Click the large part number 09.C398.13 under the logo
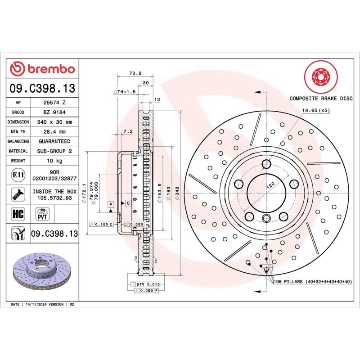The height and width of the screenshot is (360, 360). [x=42, y=88]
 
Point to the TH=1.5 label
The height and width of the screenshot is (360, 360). [x=124, y=92]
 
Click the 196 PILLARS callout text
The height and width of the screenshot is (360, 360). [x=312, y=282]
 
